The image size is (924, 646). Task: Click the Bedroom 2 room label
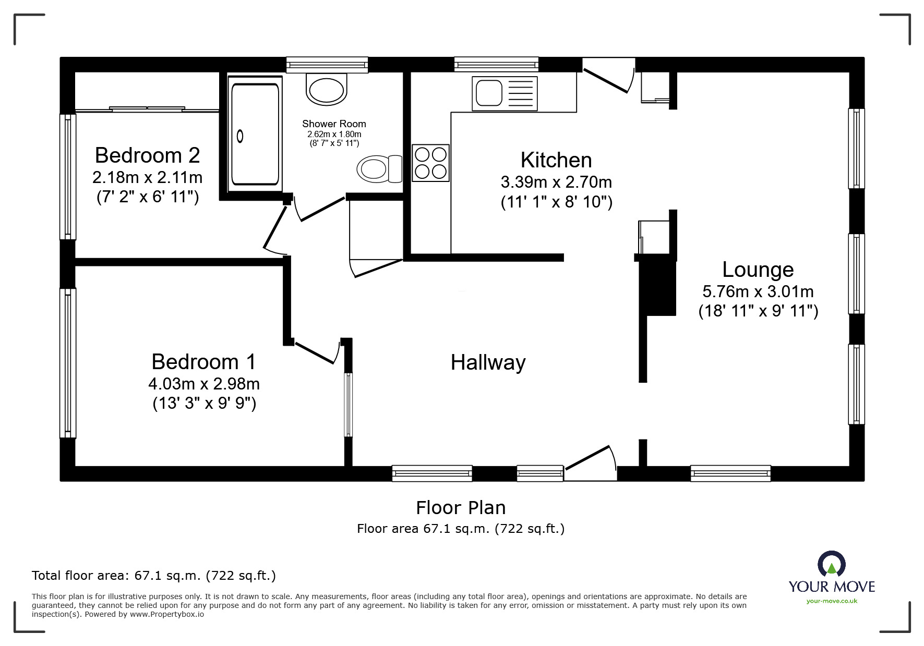147,155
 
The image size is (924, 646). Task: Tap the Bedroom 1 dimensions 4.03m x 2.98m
204,384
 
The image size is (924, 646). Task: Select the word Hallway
488,362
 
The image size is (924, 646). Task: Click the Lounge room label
758,270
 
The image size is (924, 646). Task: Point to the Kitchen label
556,160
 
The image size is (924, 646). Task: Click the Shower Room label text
334,124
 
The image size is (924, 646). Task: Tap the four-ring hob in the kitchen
430,163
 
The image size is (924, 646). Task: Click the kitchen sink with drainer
504,93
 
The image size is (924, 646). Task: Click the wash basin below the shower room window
327,89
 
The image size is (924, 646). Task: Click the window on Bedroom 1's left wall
68,363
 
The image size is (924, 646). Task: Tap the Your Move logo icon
831,565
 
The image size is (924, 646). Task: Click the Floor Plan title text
461,507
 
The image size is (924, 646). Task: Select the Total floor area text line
154,576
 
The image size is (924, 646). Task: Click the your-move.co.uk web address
832,601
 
